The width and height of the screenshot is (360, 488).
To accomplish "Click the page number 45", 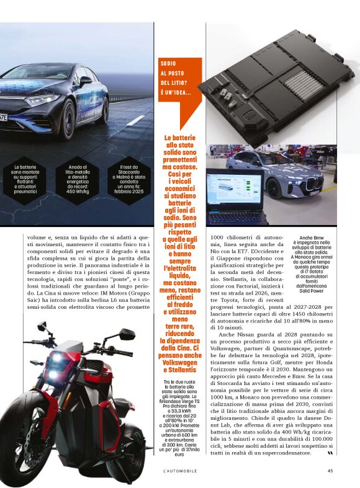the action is point(330,470).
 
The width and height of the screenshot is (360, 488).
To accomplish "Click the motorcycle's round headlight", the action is point(59,360).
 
